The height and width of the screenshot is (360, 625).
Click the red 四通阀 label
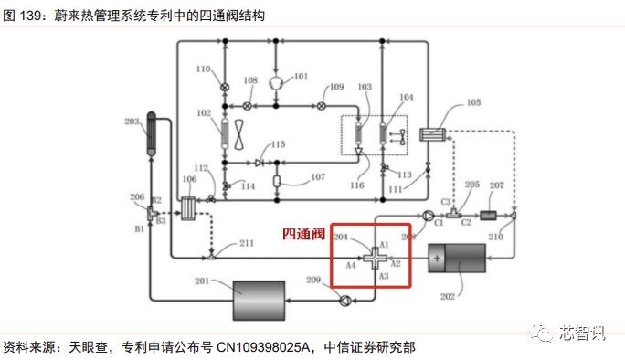[x=304, y=235]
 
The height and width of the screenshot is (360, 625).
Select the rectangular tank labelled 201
[x=259, y=296]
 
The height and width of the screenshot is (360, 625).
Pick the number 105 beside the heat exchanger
[x=472, y=103]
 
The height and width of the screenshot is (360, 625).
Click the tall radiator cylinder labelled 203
[x=152, y=137]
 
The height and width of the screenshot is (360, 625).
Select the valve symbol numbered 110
[x=225, y=87]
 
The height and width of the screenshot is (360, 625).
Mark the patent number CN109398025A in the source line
[x=264, y=347]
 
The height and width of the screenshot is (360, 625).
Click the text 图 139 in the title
[x=24, y=13]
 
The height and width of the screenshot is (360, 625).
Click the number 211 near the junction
[x=247, y=243]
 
